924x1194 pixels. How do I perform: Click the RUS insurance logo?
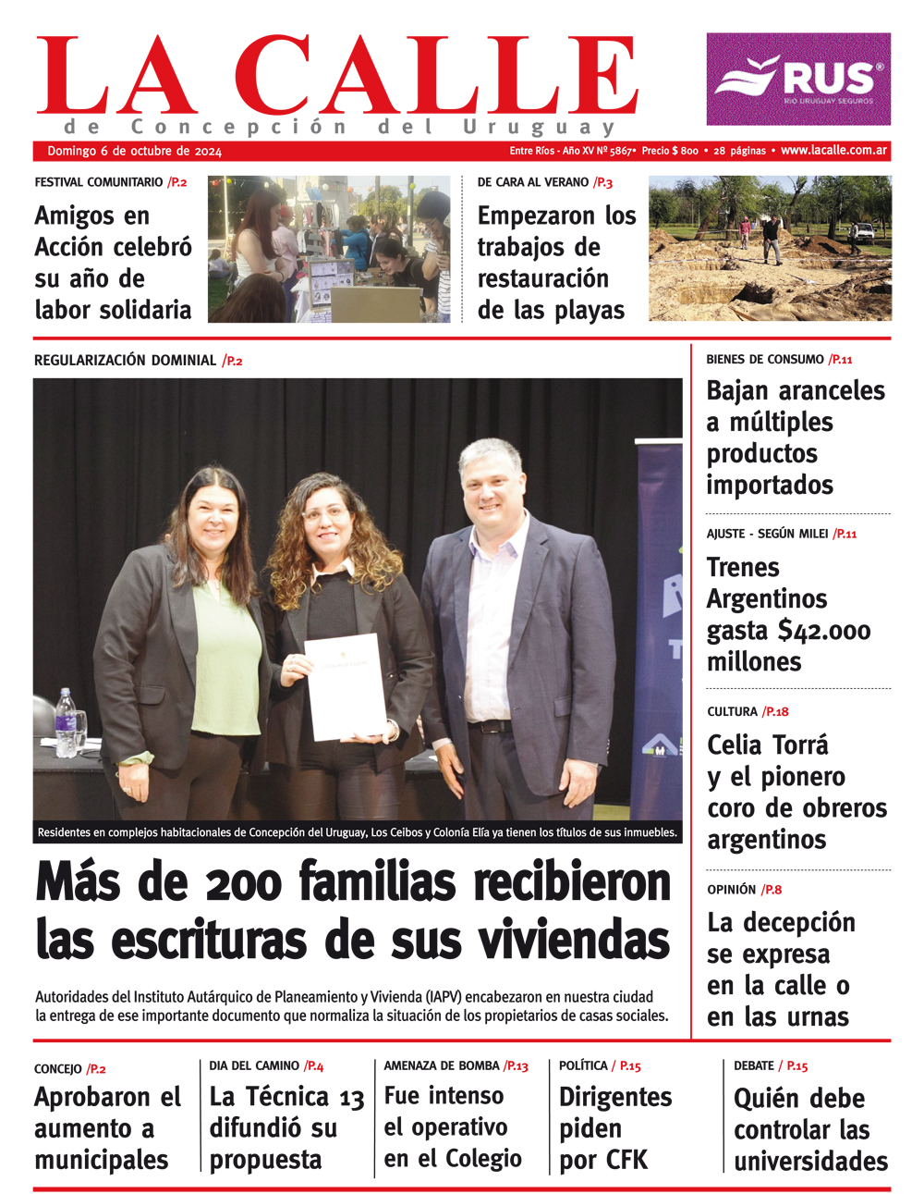coord(798,80)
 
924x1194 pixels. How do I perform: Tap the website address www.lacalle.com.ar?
coord(833,150)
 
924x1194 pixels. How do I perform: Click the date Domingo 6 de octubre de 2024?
coord(135,151)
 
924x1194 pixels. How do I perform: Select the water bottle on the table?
coord(67,722)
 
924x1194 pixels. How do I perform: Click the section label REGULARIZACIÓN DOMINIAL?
coord(125,360)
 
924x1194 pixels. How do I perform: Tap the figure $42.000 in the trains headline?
coord(824,631)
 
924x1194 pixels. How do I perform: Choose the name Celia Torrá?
coord(767,745)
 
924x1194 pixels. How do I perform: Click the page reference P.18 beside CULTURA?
coord(775,711)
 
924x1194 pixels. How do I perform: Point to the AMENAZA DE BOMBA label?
coord(442,1065)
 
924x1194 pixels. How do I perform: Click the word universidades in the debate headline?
coord(810,1161)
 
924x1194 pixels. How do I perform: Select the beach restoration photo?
coord(770,249)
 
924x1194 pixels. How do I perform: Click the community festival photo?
coord(328,249)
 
